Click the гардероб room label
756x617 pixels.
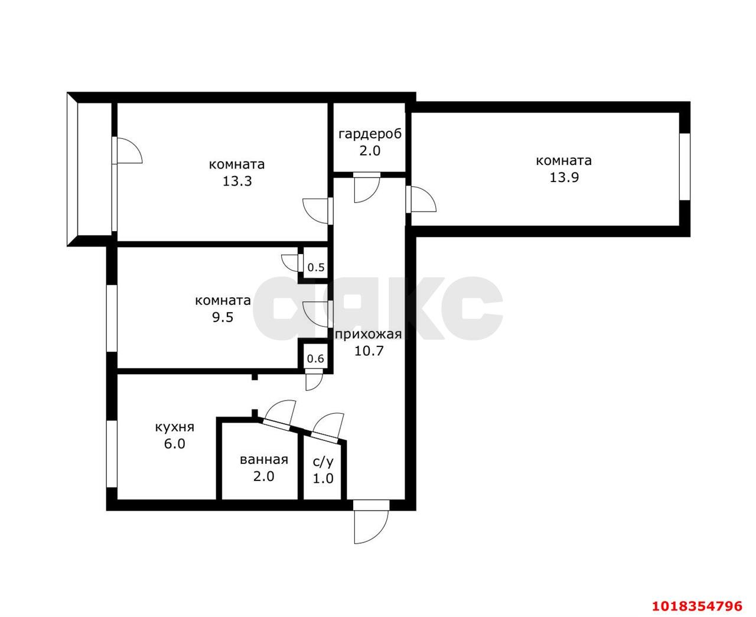coord(370,134)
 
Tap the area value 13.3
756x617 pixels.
coord(237,181)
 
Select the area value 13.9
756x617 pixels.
coord(564,177)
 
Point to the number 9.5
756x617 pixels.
coord(223,317)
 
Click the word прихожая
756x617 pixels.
coord(368,335)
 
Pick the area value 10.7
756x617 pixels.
coord(369,350)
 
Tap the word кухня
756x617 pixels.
coord(175,427)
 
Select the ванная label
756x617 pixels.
coord(264,460)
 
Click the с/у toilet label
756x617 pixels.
coord(323,462)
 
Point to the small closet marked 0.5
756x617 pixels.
coord(316,267)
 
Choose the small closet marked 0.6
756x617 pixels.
coord(315,358)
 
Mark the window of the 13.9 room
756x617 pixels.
coord(685,167)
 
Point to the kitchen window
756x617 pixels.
coord(112,454)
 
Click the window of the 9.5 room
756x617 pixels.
coord(112,318)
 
